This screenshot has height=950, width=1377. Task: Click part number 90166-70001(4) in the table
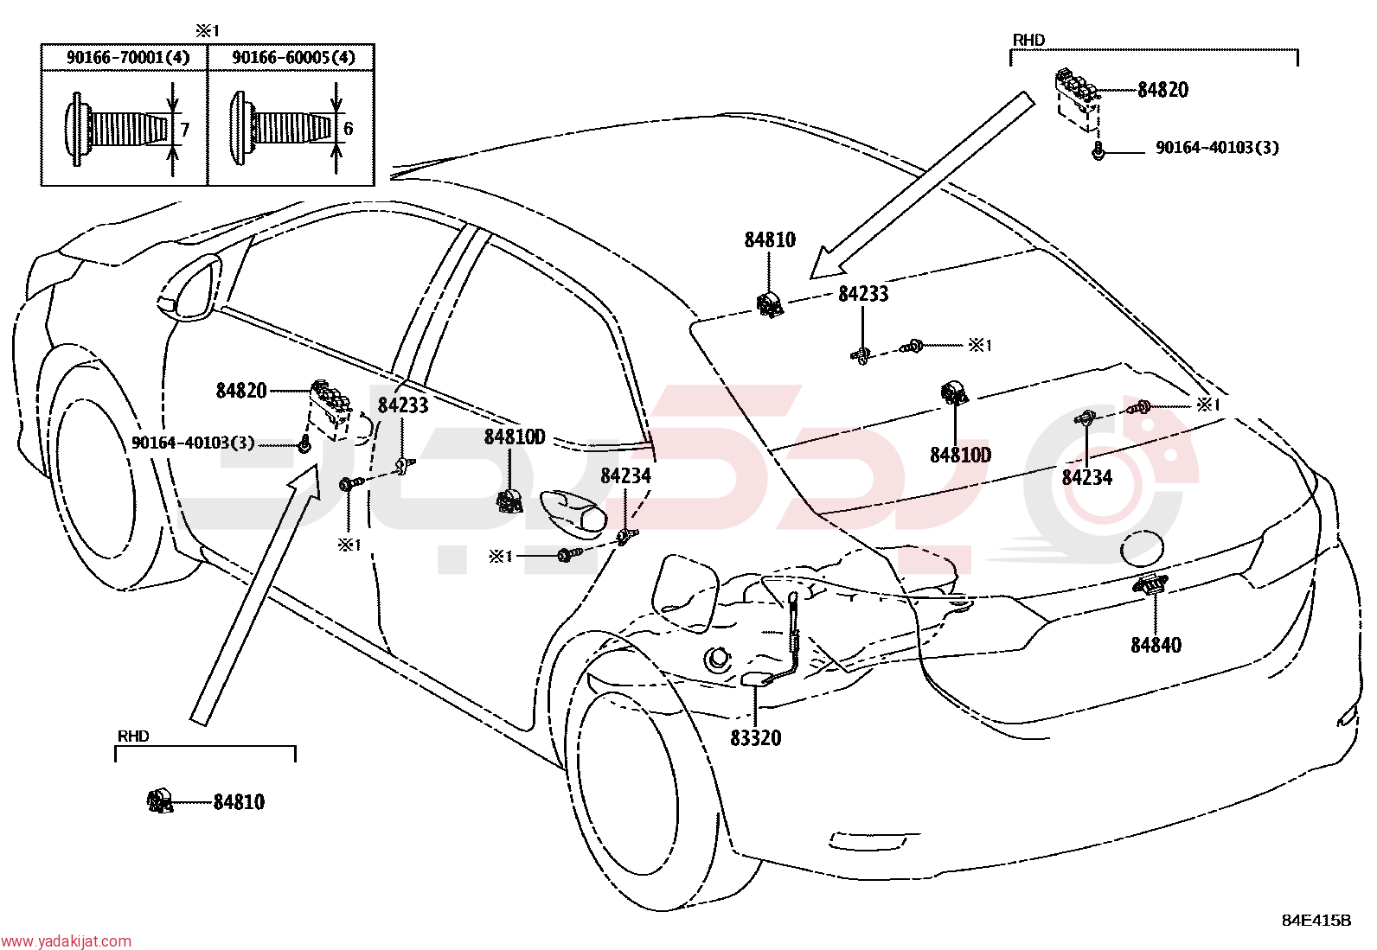[x=128, y=58]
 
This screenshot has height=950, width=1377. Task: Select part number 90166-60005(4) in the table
[x=293, y=58]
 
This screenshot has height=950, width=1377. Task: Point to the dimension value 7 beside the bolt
[x=184, y=130]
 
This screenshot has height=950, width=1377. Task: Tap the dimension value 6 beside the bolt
[x=348, y=129]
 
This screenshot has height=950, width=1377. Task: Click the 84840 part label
[x=1156, y=645]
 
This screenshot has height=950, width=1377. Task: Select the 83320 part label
[x=755, y=738]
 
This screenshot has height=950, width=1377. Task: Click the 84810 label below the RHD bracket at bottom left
[x=239, y=802]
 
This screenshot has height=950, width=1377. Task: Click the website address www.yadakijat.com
[x=66, y=941]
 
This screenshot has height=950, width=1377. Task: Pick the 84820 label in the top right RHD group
[x=1163, y=90]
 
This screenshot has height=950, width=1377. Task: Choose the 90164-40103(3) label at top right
[x=1217, y=148]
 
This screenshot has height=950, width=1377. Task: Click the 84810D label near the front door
[x=514, y=437]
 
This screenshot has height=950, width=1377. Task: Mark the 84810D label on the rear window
[x=960, y=456]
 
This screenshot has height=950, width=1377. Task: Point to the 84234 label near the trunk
[x=1087, y=477]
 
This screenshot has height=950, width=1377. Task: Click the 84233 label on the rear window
[x=864, y=295]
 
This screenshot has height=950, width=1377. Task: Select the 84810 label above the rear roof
[x=770, y=239]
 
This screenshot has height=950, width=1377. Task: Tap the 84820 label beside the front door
[x=241, y=391]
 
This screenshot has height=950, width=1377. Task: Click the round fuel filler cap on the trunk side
[x=1142, y=548]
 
